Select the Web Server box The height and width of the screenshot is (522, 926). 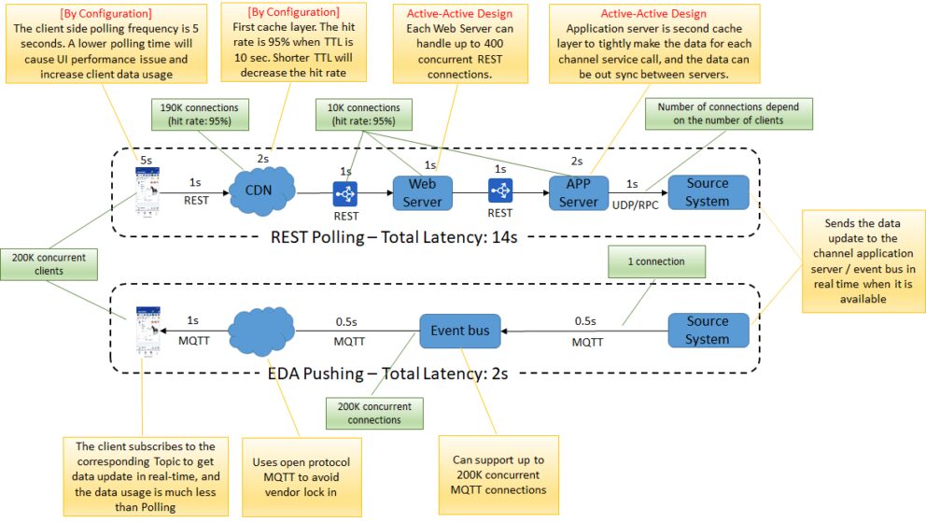coord(422,192)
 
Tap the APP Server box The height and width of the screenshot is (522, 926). coord(578,192)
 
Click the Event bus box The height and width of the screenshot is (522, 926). coord(459,330)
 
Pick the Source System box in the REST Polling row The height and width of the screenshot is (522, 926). coord(708,192)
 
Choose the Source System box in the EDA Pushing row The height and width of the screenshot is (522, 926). coord(708,330)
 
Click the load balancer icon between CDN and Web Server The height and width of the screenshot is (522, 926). coord(346,193)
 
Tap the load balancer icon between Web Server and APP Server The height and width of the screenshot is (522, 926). coord(500,193)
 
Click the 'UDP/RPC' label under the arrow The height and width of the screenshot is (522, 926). coord(637,203)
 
